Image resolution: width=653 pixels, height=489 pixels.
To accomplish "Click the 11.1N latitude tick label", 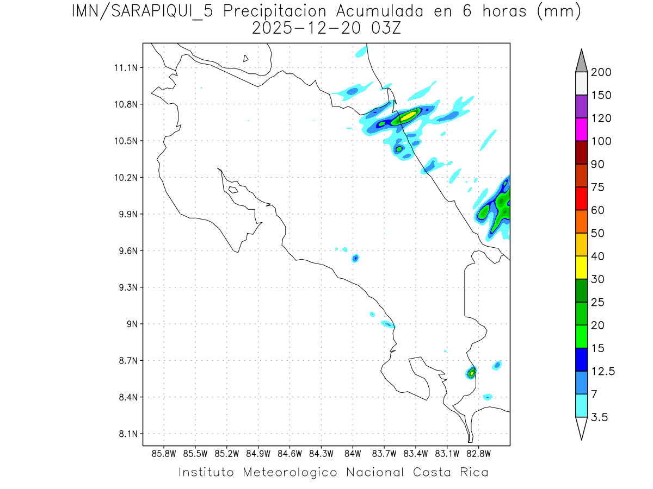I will [x=124, y=68].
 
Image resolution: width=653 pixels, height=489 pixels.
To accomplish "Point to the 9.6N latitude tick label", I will [x=124, y=251].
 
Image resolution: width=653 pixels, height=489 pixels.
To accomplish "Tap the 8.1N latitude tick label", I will [x=124, y=434].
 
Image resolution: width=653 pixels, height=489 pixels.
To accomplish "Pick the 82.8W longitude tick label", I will [x=478, y=453].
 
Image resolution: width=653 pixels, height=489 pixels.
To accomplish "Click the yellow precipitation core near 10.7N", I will [x=408, y=115].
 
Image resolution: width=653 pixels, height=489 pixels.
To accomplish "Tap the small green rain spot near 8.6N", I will [x=471, y=373].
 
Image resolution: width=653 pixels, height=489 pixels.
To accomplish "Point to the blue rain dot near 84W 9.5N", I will [x=355, y=258].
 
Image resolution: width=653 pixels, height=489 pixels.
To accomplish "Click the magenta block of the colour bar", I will [x=581, y=129].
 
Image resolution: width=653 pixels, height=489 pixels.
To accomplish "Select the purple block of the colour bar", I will [x=581, y=106].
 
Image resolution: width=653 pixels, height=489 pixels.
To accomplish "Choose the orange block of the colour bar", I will [x=581, y=221].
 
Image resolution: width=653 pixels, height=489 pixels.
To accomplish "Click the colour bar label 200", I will [x=601, y=73].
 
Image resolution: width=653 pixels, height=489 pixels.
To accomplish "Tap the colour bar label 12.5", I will [x=603, y=371].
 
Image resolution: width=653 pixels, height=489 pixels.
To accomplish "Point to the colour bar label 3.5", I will [x=600, y=417].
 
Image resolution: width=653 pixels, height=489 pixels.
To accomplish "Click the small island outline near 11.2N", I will [x=246, y=58].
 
